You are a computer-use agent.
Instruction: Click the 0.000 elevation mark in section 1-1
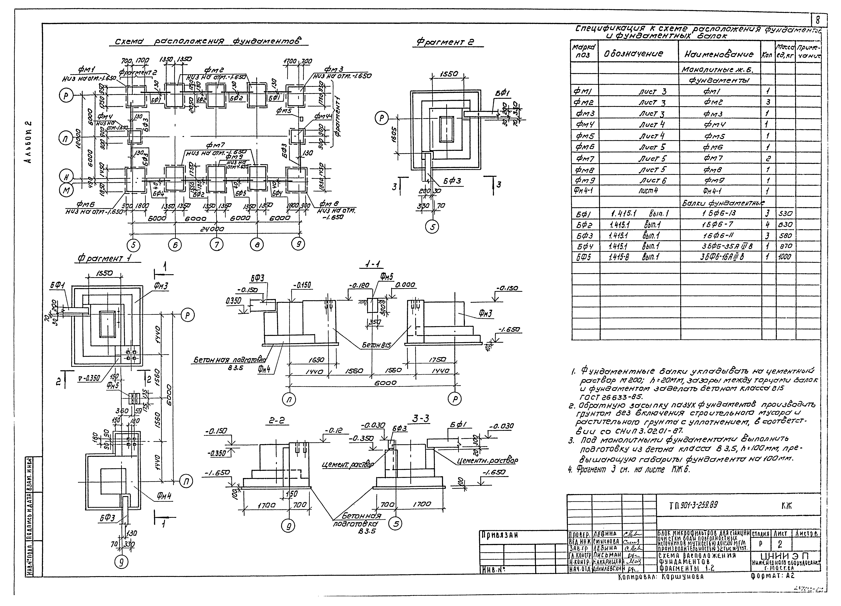point(405,285)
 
